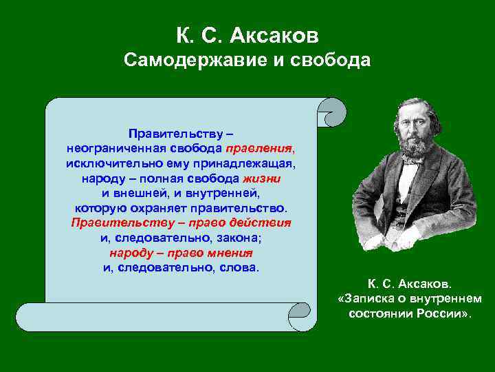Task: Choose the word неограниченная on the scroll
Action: point(111,148)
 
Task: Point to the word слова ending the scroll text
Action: point(239,267)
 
